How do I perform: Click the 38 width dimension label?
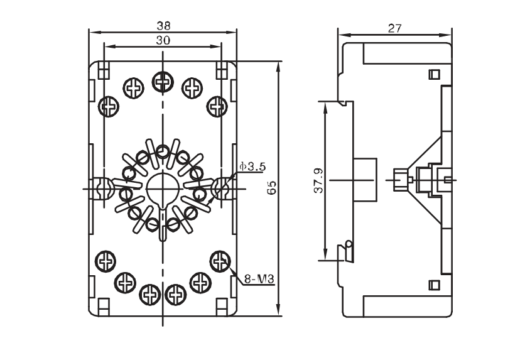[x=163, y=26]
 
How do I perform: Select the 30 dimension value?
[x=163, y=40]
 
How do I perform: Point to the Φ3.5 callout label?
[x=252, y=167]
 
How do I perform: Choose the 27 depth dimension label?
[x=394, y=28]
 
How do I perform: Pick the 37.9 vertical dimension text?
[x=318, y=180]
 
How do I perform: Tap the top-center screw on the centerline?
[x=162, y=80]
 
